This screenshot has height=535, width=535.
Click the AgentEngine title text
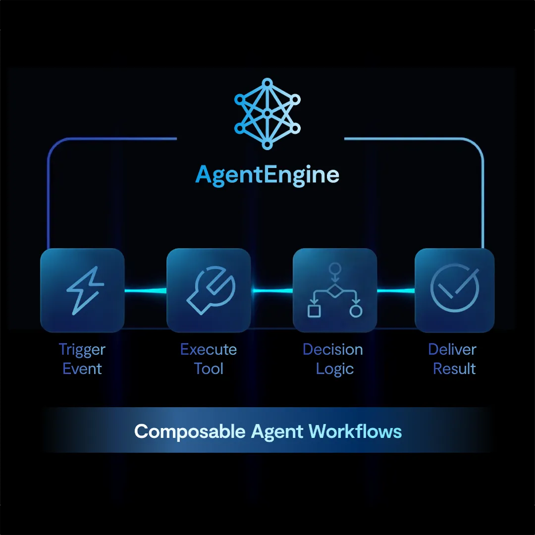pyautogui.click(x=267, y=175)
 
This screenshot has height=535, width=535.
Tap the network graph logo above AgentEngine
pyautogui.click(x=267, y=113)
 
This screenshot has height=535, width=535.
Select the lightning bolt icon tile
pyautogui.click(x=82, y=290)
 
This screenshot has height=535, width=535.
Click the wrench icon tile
pyautogui.click(x=209, y=290)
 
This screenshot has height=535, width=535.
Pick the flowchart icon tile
pyautogui.click(x=335, y=290)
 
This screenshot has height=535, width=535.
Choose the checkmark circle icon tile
pyautogui.click(x=454, y=290)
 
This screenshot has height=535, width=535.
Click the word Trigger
pyautogui.click(x=82, y=350)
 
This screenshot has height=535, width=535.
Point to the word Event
pyautogui.click(x=82, y=369)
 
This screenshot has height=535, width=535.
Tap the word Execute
pyautogui.click(x=209, y=350)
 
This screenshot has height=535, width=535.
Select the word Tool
pyautogui.click(x=209, y=369)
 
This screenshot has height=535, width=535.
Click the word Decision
pyautogui.click(x=333, y=350)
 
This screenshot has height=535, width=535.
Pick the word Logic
pyautogui.click(x=335, y=369)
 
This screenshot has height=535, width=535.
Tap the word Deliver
pyautogui.click(x=452, y=350)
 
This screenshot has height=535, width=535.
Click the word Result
pyautogui.click(x=454, y=369)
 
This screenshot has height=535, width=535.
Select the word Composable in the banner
pyautogui.click(x=190, y=431)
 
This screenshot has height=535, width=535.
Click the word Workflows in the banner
pyautogui.click(x=355, y=431)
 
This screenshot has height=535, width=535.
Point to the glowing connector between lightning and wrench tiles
pyautogui.click(x=145, y=291)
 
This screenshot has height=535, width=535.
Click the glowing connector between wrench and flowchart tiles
pyautogui.click(x=271, y=291)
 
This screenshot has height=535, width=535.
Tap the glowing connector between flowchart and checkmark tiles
pyautogui.click(x=395, y=291)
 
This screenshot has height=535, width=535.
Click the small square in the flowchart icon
pyautogui.click(x=314, y=311)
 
